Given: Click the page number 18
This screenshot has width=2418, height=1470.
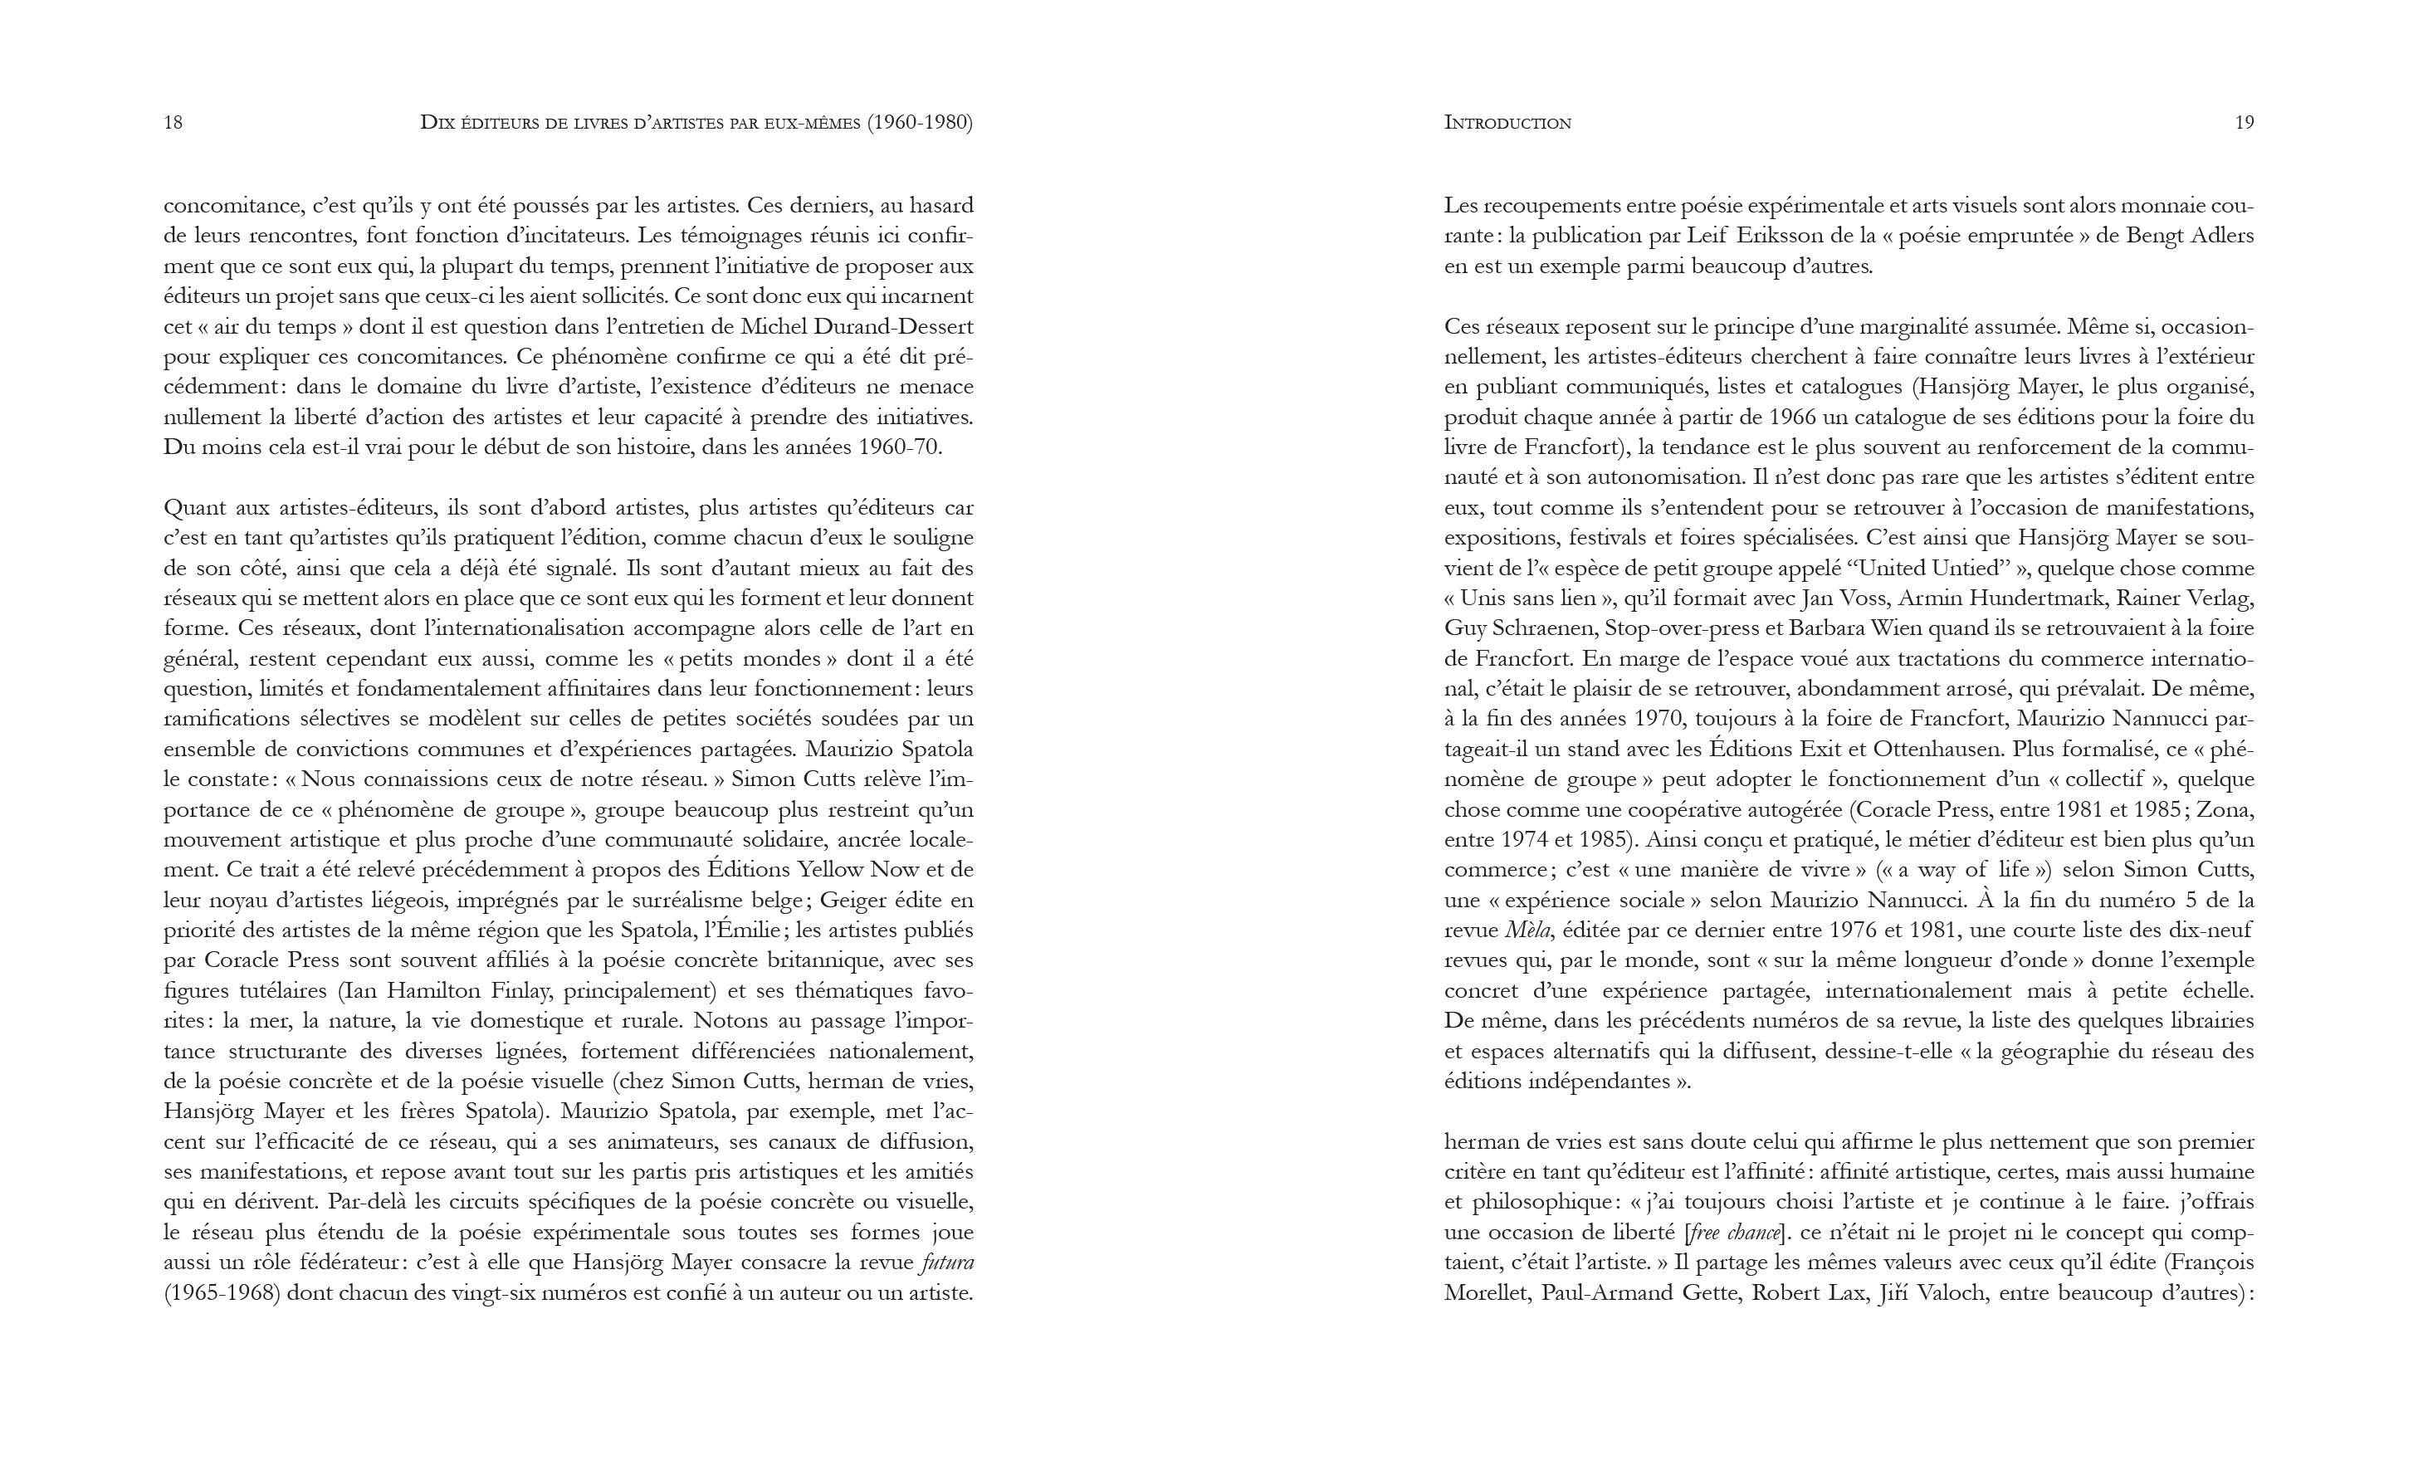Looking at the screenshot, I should click(x=173, y=123).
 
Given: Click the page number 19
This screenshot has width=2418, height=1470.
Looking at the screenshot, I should click(x=2244, y=123).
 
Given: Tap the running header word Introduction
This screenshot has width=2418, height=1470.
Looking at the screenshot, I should click(x=1507, y=123).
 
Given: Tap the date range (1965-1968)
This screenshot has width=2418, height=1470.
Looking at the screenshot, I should click(x=222, y=1293).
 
